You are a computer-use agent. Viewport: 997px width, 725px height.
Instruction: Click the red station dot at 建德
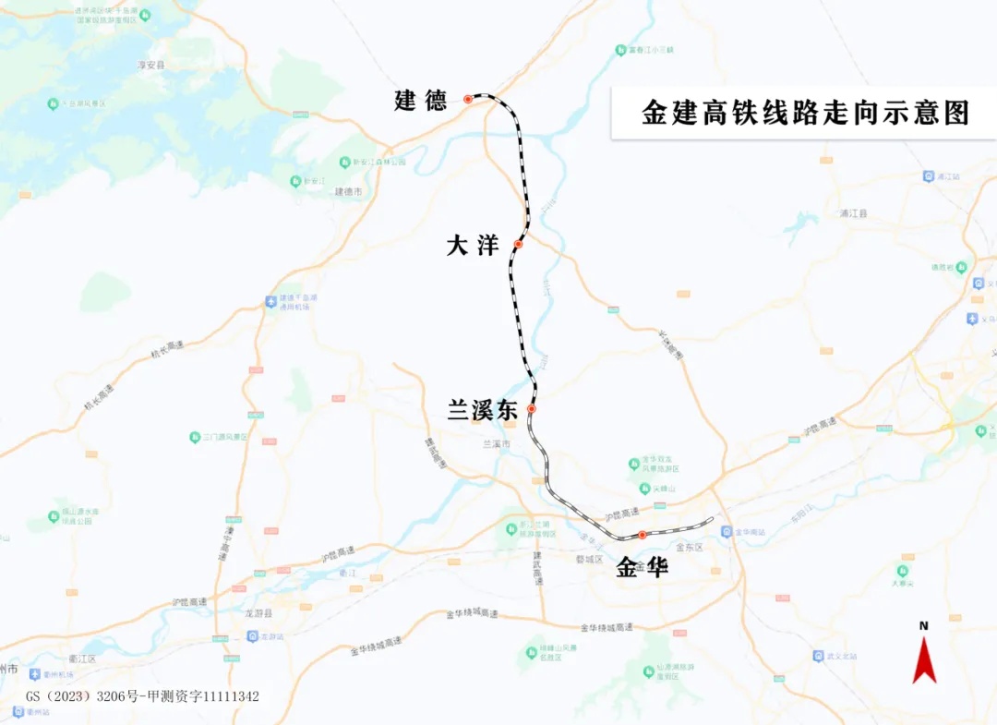point(468,99)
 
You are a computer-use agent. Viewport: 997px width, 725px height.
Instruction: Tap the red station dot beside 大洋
point(519,245)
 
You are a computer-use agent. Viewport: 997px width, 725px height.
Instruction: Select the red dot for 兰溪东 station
point(532,408)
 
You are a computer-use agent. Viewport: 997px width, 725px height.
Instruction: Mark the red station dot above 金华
point(643,535)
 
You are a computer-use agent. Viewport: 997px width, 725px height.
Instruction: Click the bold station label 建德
point(421,100)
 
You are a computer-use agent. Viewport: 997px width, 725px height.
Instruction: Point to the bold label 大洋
point(473,246)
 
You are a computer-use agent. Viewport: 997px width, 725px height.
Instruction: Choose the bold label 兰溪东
point(482,411)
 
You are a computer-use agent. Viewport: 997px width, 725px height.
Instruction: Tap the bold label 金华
point(642,567)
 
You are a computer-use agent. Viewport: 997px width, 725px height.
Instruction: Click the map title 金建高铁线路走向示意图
point(806,113)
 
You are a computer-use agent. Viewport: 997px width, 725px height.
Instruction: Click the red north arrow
point(924,660)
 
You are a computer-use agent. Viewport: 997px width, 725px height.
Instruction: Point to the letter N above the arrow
point(924,625)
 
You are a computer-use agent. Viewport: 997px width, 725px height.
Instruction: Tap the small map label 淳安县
point(150,66)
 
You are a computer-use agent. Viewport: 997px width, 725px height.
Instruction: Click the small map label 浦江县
point(854,213)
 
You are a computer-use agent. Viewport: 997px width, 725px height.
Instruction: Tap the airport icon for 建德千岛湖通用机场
point(270,301)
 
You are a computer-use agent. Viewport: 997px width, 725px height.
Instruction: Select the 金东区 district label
point(690,548)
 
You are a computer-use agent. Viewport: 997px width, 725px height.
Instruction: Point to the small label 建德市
point(348,191)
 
